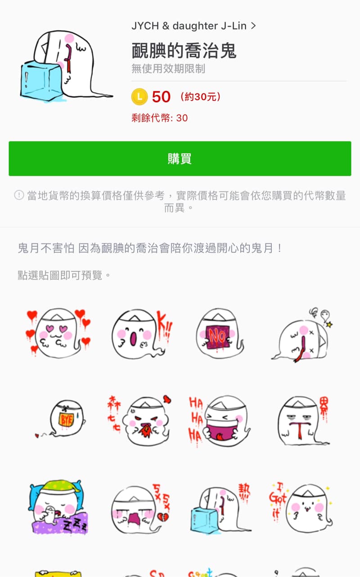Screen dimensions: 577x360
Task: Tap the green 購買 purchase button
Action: point(180,158)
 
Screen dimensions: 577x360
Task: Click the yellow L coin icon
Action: point(139,96)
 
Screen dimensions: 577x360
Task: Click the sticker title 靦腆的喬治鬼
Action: point(184,51)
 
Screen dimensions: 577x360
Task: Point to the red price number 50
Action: point(161,97)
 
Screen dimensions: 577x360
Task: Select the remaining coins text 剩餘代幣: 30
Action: point(160,118)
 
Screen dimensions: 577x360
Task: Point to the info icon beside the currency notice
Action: point(19,195)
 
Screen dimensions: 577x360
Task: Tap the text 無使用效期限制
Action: point(168,69)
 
